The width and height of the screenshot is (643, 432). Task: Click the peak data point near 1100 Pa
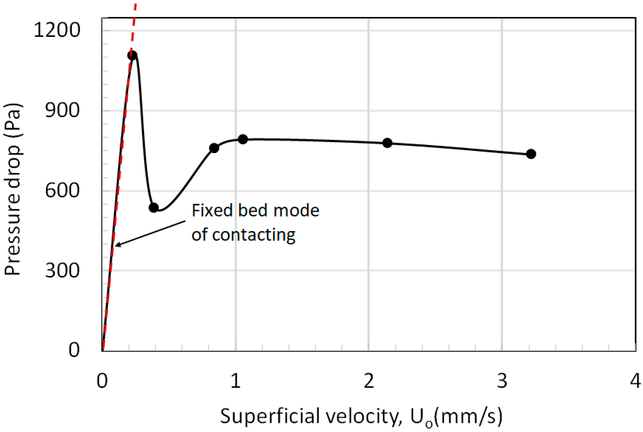point(132,56)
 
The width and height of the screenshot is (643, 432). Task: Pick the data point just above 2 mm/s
point(387,143)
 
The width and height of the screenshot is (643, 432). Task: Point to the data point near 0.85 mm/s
point(214,148)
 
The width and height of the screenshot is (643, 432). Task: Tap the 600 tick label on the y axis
point(62,191)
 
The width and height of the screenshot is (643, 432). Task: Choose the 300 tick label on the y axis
point(62,271)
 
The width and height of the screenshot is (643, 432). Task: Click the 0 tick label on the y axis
point(74,350)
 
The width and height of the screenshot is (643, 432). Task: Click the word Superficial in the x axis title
point(270,417)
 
